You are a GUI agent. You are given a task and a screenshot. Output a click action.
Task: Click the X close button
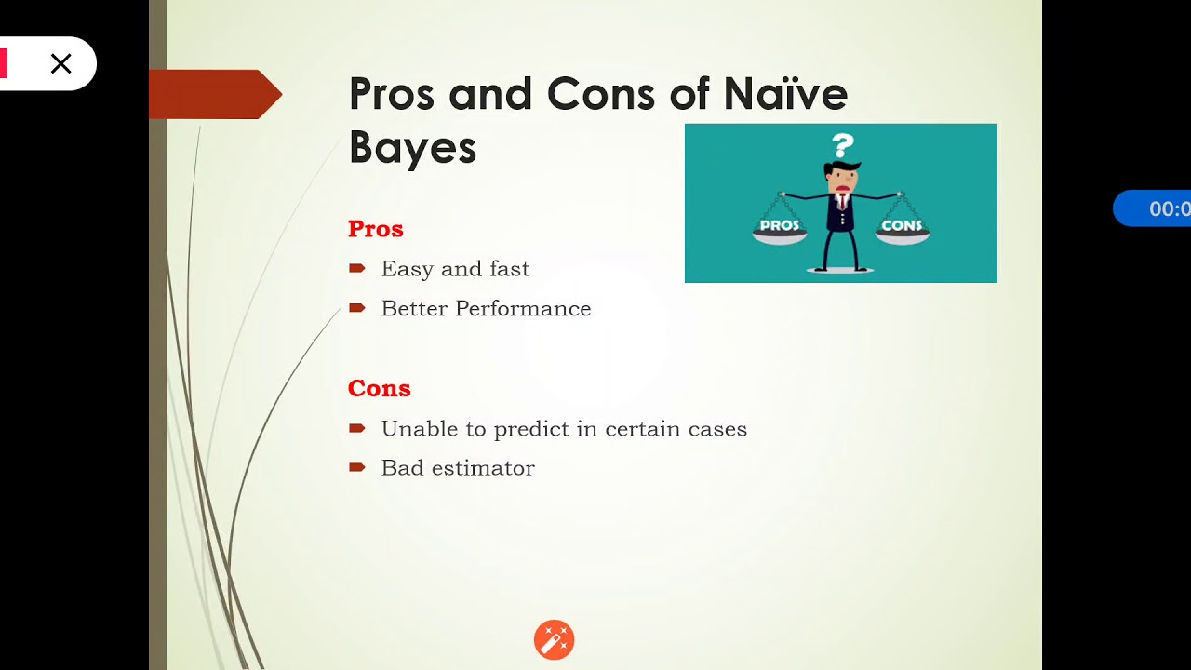(x=61, y=63)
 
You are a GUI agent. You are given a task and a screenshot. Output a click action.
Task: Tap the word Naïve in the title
(x=785, y=94)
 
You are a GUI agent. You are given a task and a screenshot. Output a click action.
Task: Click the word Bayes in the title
(x=412, y=147)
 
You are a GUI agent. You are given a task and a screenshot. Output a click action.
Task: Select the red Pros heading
(x=375, y=229)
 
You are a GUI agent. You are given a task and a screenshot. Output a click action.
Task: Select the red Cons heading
(x=379, y=388)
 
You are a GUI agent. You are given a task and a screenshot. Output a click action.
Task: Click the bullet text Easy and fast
(x=455, y=269)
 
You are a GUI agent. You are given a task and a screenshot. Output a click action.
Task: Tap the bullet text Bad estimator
(x=458, y=468)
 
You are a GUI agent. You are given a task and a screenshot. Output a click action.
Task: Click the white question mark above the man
(x=843, y=145)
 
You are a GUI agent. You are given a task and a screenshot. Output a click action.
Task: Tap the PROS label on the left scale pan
(x=779, y=225)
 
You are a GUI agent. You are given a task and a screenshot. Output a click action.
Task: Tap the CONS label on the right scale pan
(x=902, y=225)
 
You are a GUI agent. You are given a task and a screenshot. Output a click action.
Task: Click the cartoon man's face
(x=842, y=181)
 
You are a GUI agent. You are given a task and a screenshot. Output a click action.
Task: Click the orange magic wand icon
(x=554, y=640)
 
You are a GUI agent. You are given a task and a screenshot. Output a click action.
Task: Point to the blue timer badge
(x=1154, y=208)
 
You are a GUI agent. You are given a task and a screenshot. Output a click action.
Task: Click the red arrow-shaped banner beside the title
(x=215, y=94)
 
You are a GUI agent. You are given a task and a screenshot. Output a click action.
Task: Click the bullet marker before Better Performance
(x=356, y=308)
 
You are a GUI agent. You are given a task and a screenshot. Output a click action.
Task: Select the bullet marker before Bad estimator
(x=356, y=467)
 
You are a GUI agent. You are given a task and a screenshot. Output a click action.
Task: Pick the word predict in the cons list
(x=528, y=430)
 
